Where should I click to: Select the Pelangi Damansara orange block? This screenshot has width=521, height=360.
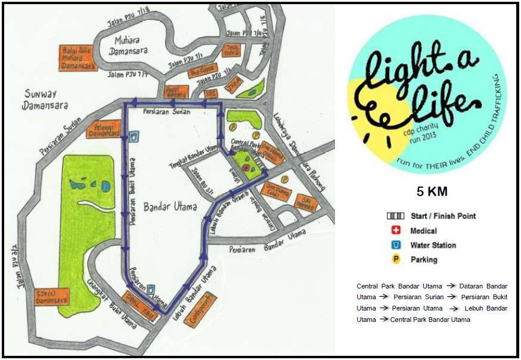(103, 129)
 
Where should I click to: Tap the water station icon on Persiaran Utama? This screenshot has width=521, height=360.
(152, 289)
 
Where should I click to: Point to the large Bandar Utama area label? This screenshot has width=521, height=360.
(170, 207)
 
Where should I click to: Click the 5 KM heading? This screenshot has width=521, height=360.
(432, 192)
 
